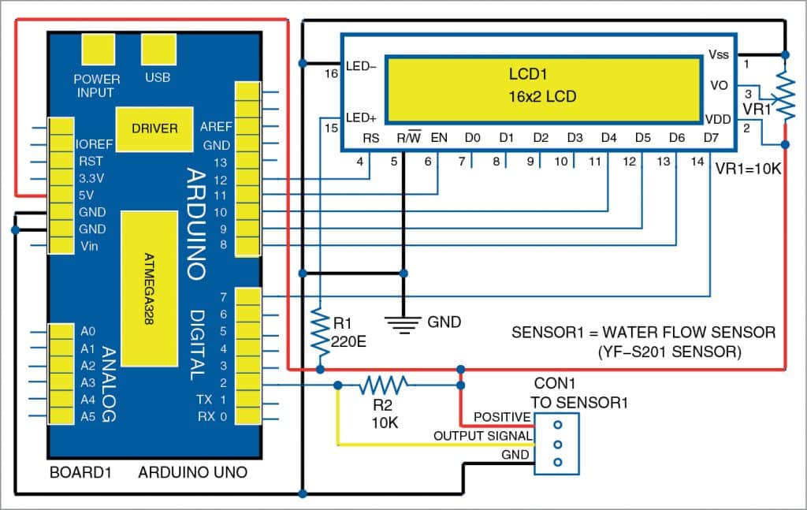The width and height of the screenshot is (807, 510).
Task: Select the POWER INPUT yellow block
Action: click(97, 52)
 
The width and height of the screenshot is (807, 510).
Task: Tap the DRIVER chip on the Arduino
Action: click(154, 128)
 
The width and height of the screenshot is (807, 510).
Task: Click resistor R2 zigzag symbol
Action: click(384, 385)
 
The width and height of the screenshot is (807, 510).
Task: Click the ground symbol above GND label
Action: click(403, 321)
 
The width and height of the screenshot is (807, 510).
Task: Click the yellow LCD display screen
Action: click(543, 89)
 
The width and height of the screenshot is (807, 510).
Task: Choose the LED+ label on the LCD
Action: click(361, 117)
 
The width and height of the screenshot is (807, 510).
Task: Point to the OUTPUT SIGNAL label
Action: click(482, 436)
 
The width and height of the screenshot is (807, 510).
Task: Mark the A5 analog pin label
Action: click(87, 416)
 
